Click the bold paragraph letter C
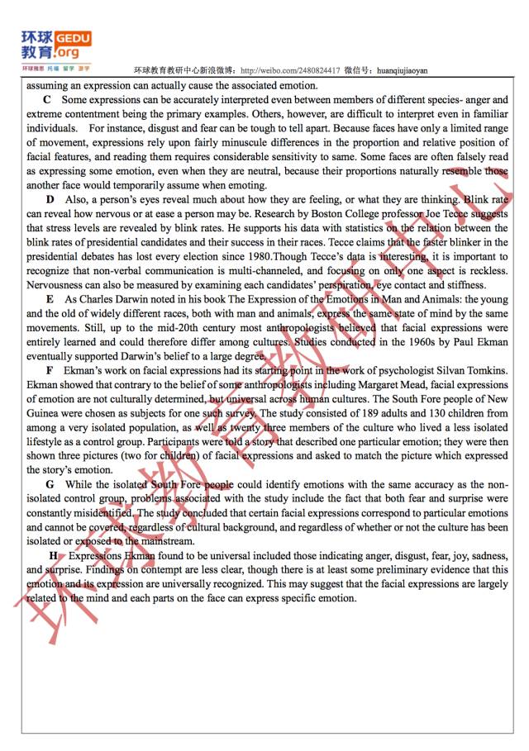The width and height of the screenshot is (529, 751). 47,100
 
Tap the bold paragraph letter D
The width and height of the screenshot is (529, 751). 50,201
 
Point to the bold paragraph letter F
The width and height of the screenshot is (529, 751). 50,371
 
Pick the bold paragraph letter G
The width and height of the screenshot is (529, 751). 50,483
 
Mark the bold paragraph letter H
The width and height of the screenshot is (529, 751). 54,556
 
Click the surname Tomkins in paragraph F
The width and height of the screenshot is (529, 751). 485,372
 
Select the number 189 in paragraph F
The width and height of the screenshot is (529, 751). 362,414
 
